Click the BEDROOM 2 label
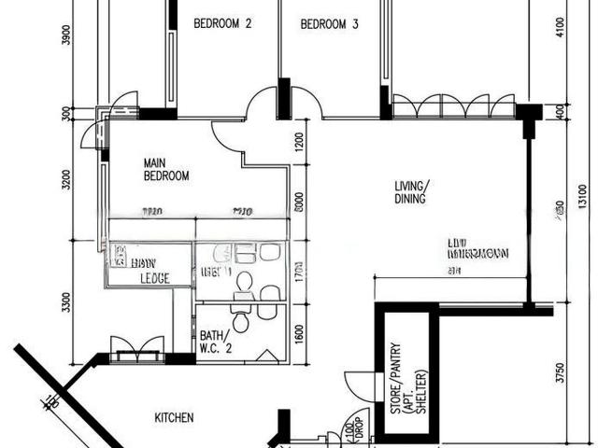tap(222, 25)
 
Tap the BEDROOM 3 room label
tap(329, 25)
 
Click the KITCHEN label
tap(174, 418)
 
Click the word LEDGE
tap(154, 278)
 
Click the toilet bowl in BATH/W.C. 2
tap(241, 322)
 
